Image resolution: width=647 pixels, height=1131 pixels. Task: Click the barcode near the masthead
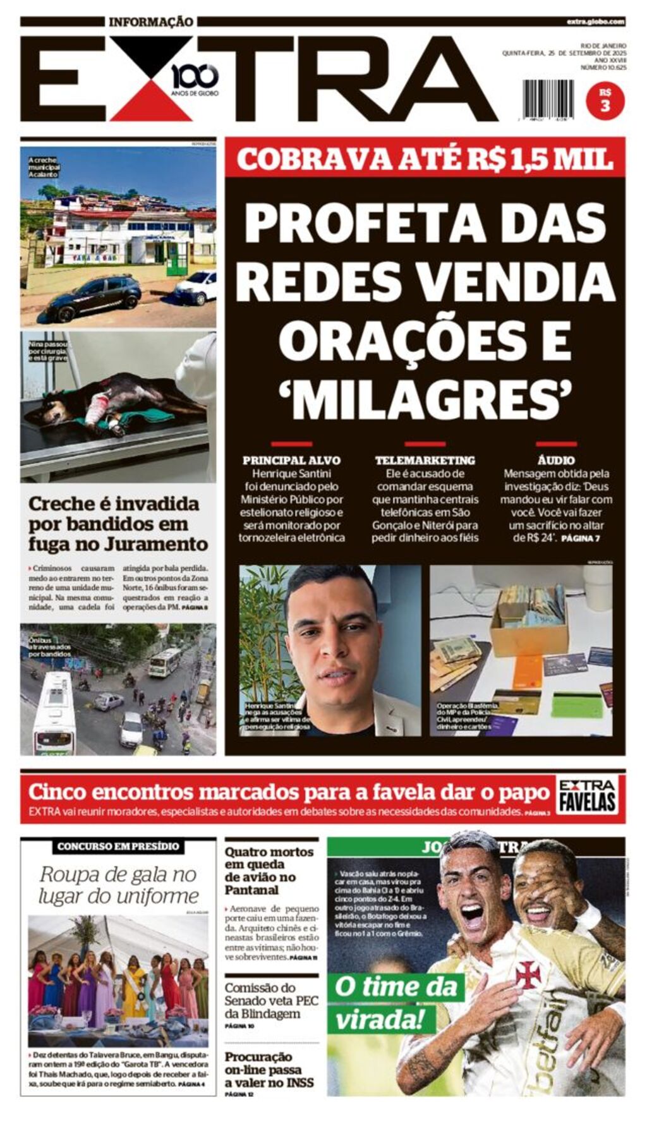point(548,99)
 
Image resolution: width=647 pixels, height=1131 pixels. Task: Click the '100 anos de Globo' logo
point(195,79)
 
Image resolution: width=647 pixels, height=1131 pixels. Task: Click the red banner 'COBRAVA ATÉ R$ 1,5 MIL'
point(425,159)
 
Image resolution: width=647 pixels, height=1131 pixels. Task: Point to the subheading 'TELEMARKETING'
point(425,460)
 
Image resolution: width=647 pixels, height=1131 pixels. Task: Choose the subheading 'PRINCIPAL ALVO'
point(291,460)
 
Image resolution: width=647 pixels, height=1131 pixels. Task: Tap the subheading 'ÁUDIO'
point(556,460)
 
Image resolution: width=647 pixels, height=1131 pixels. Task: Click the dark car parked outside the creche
point(93,298)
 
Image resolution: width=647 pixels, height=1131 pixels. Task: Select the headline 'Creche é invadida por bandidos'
point(118,524)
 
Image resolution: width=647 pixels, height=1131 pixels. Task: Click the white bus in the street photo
point(53,715)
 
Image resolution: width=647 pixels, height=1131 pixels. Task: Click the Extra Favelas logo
point(587,795)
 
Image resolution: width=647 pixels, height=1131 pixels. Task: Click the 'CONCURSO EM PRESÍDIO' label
point(118,846)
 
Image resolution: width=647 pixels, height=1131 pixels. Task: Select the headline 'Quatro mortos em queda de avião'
point(269,870)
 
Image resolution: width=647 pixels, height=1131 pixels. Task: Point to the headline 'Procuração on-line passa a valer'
point(269,1069)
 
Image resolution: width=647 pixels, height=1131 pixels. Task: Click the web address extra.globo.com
point(595,21)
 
